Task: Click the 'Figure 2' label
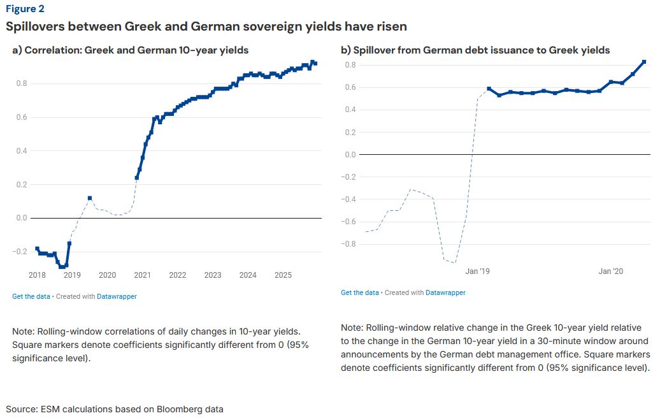[25, 9]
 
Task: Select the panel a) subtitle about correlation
[130, 50]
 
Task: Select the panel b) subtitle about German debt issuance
[475, 50]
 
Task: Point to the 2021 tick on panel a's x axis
[142, 275]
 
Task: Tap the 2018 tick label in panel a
[37, 275]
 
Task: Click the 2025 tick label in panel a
[283, 275]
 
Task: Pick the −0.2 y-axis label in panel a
[20, 252]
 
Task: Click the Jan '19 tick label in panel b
[478, 271]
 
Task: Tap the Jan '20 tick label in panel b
[611, 271]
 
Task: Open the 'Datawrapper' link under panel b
[445, 292]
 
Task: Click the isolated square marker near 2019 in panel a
[90, 198]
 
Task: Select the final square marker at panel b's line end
[644, 62]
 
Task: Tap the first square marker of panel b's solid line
[489, 89]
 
